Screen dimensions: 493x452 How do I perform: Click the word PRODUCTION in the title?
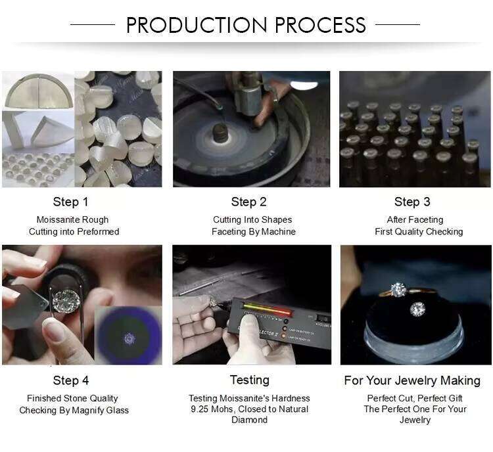click(197, 25)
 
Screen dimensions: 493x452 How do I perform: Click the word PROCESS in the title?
click(321, 25)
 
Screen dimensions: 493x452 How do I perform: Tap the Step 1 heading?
click(70, 202)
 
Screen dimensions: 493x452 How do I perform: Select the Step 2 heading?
click(248, 202)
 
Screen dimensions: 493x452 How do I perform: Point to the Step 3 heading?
click(412, 202)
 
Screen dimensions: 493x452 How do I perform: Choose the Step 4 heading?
click(71, 380)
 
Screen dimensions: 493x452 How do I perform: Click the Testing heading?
click(250, 380)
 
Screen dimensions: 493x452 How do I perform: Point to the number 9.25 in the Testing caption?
click(200, 409)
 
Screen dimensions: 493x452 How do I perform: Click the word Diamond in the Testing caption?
click(249, 420)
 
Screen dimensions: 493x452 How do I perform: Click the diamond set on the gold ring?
click(398, 290)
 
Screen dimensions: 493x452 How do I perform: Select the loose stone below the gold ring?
click(417, 309)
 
